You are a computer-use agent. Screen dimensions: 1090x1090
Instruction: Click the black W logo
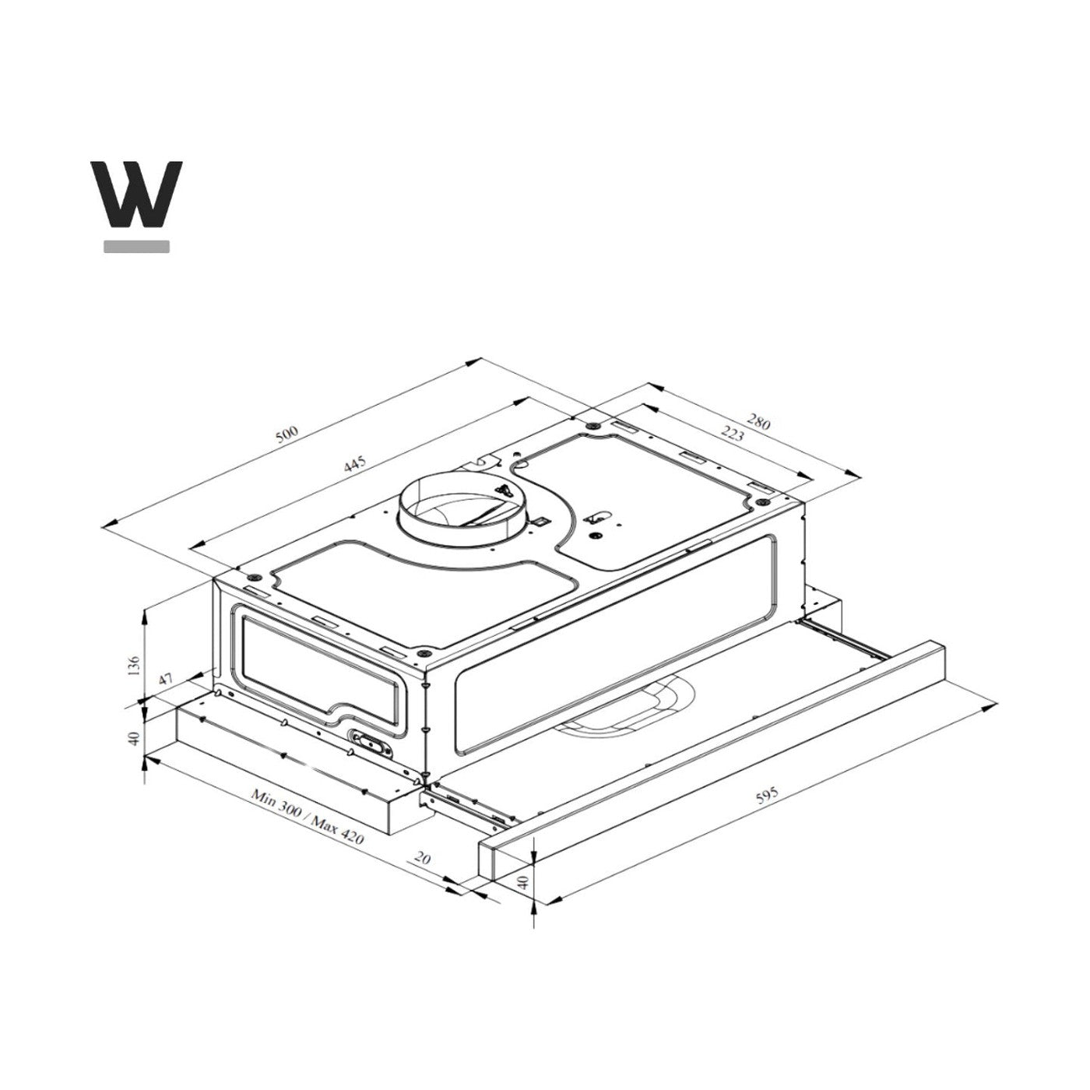coord(136,194)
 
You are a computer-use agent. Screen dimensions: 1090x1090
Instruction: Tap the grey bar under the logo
coord(136,247)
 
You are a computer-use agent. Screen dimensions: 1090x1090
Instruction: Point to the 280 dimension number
coord(758,422)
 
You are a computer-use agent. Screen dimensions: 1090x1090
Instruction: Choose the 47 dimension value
coord(165,679)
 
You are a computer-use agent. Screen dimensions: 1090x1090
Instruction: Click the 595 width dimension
coord(766,798)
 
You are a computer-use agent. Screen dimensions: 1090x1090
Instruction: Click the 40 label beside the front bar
coord(523,882)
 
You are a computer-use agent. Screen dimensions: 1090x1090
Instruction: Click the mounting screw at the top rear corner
coord(593,426)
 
